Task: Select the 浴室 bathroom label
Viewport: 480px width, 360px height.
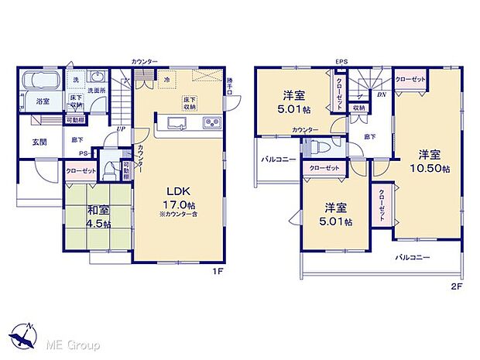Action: (43, 101)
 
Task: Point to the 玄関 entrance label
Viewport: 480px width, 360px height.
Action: (40, 142)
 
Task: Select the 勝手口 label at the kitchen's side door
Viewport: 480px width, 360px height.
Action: (229, 87)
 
